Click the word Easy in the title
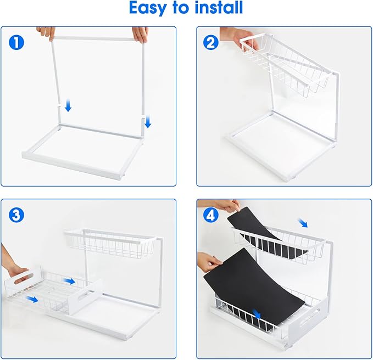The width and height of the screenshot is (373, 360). tap(150, 9)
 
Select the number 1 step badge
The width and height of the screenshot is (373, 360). tap(16, 42)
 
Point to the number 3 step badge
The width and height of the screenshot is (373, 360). tap(16, 215)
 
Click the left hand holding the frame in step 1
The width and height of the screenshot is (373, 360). tap(46, 32)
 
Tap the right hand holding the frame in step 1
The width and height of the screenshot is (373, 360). tap(141, 33)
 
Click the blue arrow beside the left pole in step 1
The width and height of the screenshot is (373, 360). tap(68, 105)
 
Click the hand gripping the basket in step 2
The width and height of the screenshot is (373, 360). tap(236, 37)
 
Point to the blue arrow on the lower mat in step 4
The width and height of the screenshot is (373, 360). tap(257, 313)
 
